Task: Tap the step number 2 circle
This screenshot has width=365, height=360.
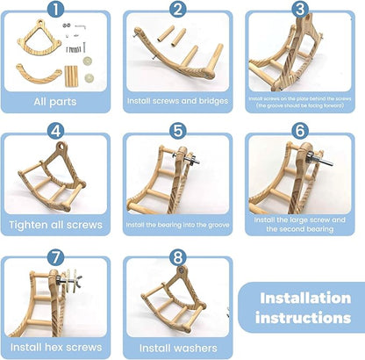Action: point(178,11)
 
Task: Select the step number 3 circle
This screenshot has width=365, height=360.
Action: point(301,11)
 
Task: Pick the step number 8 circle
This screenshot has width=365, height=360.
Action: point(178,260)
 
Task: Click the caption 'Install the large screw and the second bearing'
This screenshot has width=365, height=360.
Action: point(300,222)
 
